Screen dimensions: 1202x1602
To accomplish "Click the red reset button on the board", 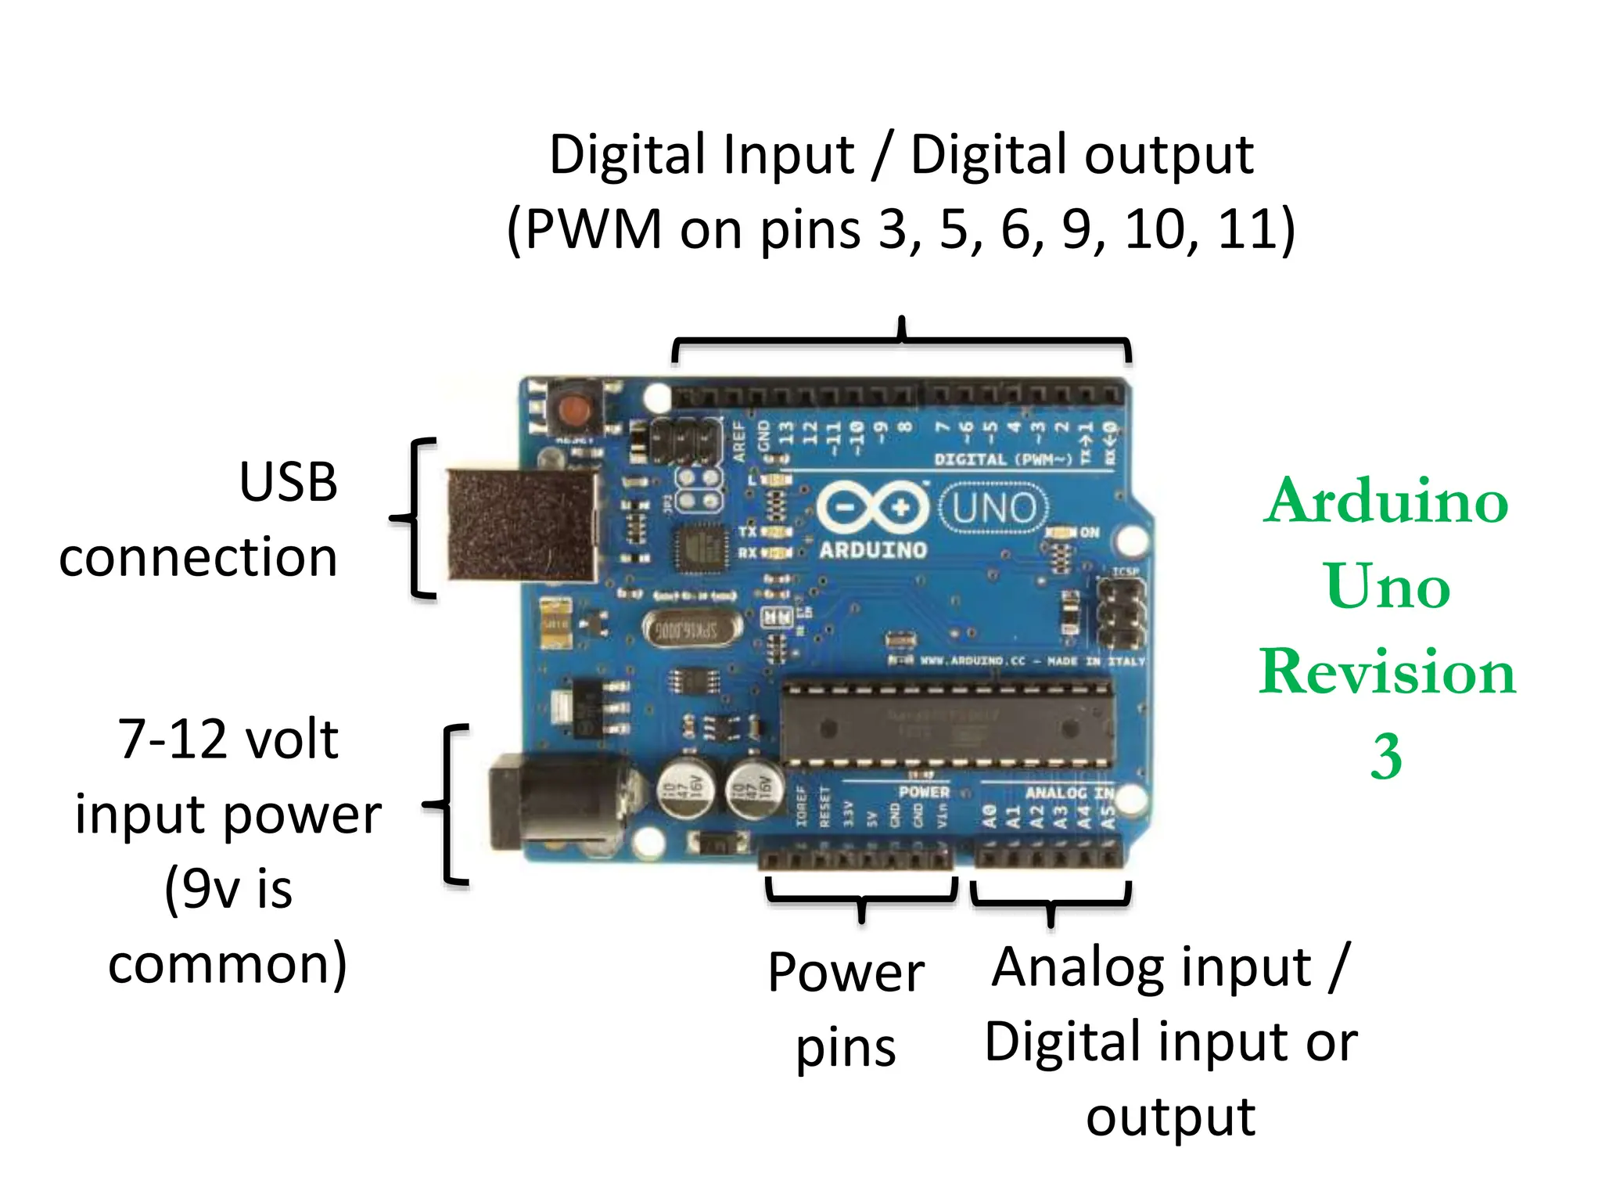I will pyautogui.click(x=575, y=408).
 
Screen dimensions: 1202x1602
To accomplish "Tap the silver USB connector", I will pyautogui.click(x=523, y=525).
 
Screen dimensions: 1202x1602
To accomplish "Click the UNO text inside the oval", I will pyautogui.click(x=994, y=509).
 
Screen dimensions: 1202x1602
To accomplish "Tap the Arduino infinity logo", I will pyautogui.click(x=872, y=508).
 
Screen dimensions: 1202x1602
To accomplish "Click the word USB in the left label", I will pyautogui.click(x=289, y=482).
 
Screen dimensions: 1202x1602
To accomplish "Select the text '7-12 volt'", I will pyautogui.click(x=228, y=740).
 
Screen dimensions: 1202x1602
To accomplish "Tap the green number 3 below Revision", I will pyautogui.click(x=1385, y=757).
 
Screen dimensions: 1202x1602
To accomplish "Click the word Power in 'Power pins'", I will pyautogui.click(x=846, y=973).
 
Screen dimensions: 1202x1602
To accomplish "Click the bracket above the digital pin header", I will pyautogui.click(x=901, y=341).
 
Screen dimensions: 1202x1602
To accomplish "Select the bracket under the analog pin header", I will pyautogui.click(x=1051, y=900).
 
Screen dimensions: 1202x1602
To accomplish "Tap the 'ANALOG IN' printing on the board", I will pyautogui.click(x=1069, y=793).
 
